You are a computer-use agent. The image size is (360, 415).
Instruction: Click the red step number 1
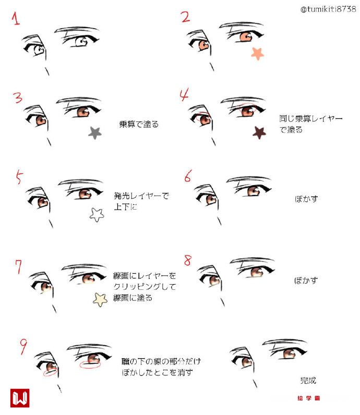[16, 19]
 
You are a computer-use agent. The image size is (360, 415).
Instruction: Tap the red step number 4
[184, 95]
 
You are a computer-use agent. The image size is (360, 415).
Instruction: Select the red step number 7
[19, 267]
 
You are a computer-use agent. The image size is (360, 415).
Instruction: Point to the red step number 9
[23, 347]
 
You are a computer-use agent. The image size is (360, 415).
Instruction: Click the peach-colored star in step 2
[257, 54]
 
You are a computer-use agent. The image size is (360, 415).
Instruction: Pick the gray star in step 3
[94, 133]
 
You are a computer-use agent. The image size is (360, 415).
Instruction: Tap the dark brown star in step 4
[259, 132]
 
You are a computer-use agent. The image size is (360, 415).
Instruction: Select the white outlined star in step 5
[97, 215]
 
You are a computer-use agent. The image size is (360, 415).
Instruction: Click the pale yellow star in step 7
[100, 299]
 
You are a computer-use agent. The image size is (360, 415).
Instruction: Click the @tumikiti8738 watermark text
[328, 9]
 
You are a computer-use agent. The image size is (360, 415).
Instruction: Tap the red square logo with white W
[20, 398]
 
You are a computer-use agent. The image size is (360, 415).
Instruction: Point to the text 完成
[308, 381]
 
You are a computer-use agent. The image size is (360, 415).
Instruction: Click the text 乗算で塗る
[139, 124]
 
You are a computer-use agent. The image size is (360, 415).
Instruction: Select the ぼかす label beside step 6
[306, 199]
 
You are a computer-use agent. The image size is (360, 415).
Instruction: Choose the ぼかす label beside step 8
[306, 280]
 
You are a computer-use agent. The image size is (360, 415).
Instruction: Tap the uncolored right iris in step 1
[81, 42]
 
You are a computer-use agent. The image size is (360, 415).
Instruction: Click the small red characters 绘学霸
[309, 398]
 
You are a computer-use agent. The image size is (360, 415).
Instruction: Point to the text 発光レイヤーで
[141, 196]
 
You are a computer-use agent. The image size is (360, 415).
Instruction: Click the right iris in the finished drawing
[289, 354]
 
